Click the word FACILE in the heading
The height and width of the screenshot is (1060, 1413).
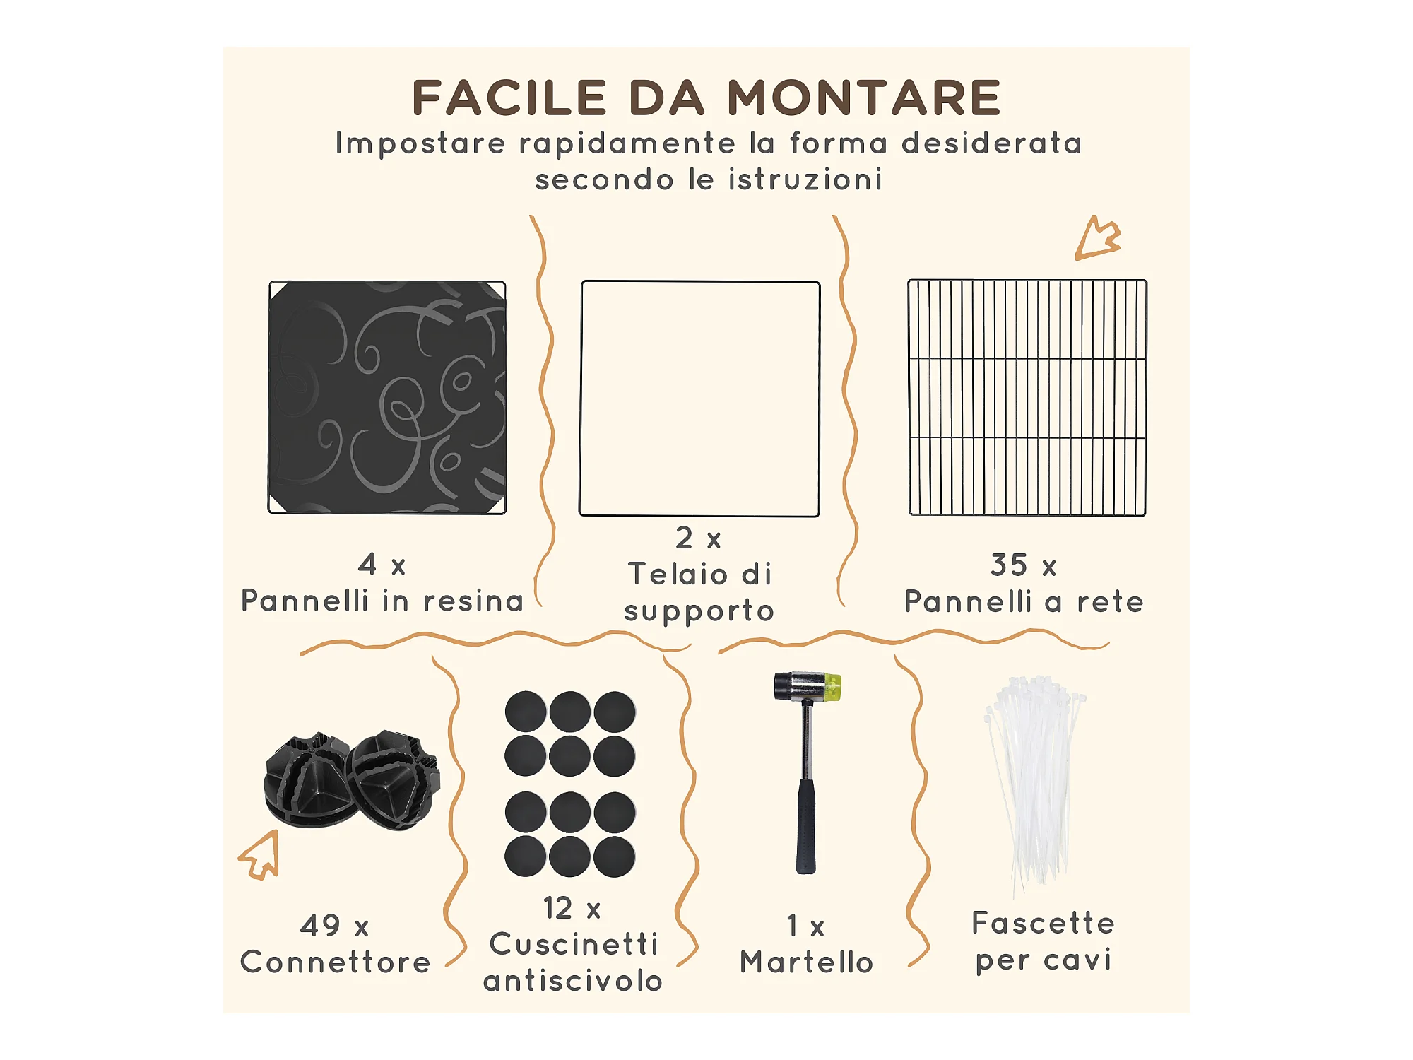point(509,98)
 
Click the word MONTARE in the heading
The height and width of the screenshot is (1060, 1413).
point(864,98)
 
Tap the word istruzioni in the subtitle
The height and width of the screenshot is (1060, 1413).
point(805,179)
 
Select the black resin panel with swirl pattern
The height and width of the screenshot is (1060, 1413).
point(387,397)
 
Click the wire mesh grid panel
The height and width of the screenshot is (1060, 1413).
point(1027,397)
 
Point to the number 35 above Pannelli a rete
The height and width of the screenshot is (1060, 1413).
point(1008,565)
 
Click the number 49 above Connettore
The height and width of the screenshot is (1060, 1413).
point(320,925)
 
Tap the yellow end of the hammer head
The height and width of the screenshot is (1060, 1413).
point(833,687)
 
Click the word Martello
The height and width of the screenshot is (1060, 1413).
point(807,962)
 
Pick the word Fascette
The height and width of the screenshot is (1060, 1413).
point(1044,923)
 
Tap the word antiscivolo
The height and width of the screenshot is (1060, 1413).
point(573,981)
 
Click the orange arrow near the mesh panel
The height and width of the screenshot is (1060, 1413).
point(1096,239)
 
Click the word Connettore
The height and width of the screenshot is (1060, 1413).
point(336,962)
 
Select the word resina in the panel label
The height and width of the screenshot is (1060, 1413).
point(473,601)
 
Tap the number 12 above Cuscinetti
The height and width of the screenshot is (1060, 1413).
point(557,908)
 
